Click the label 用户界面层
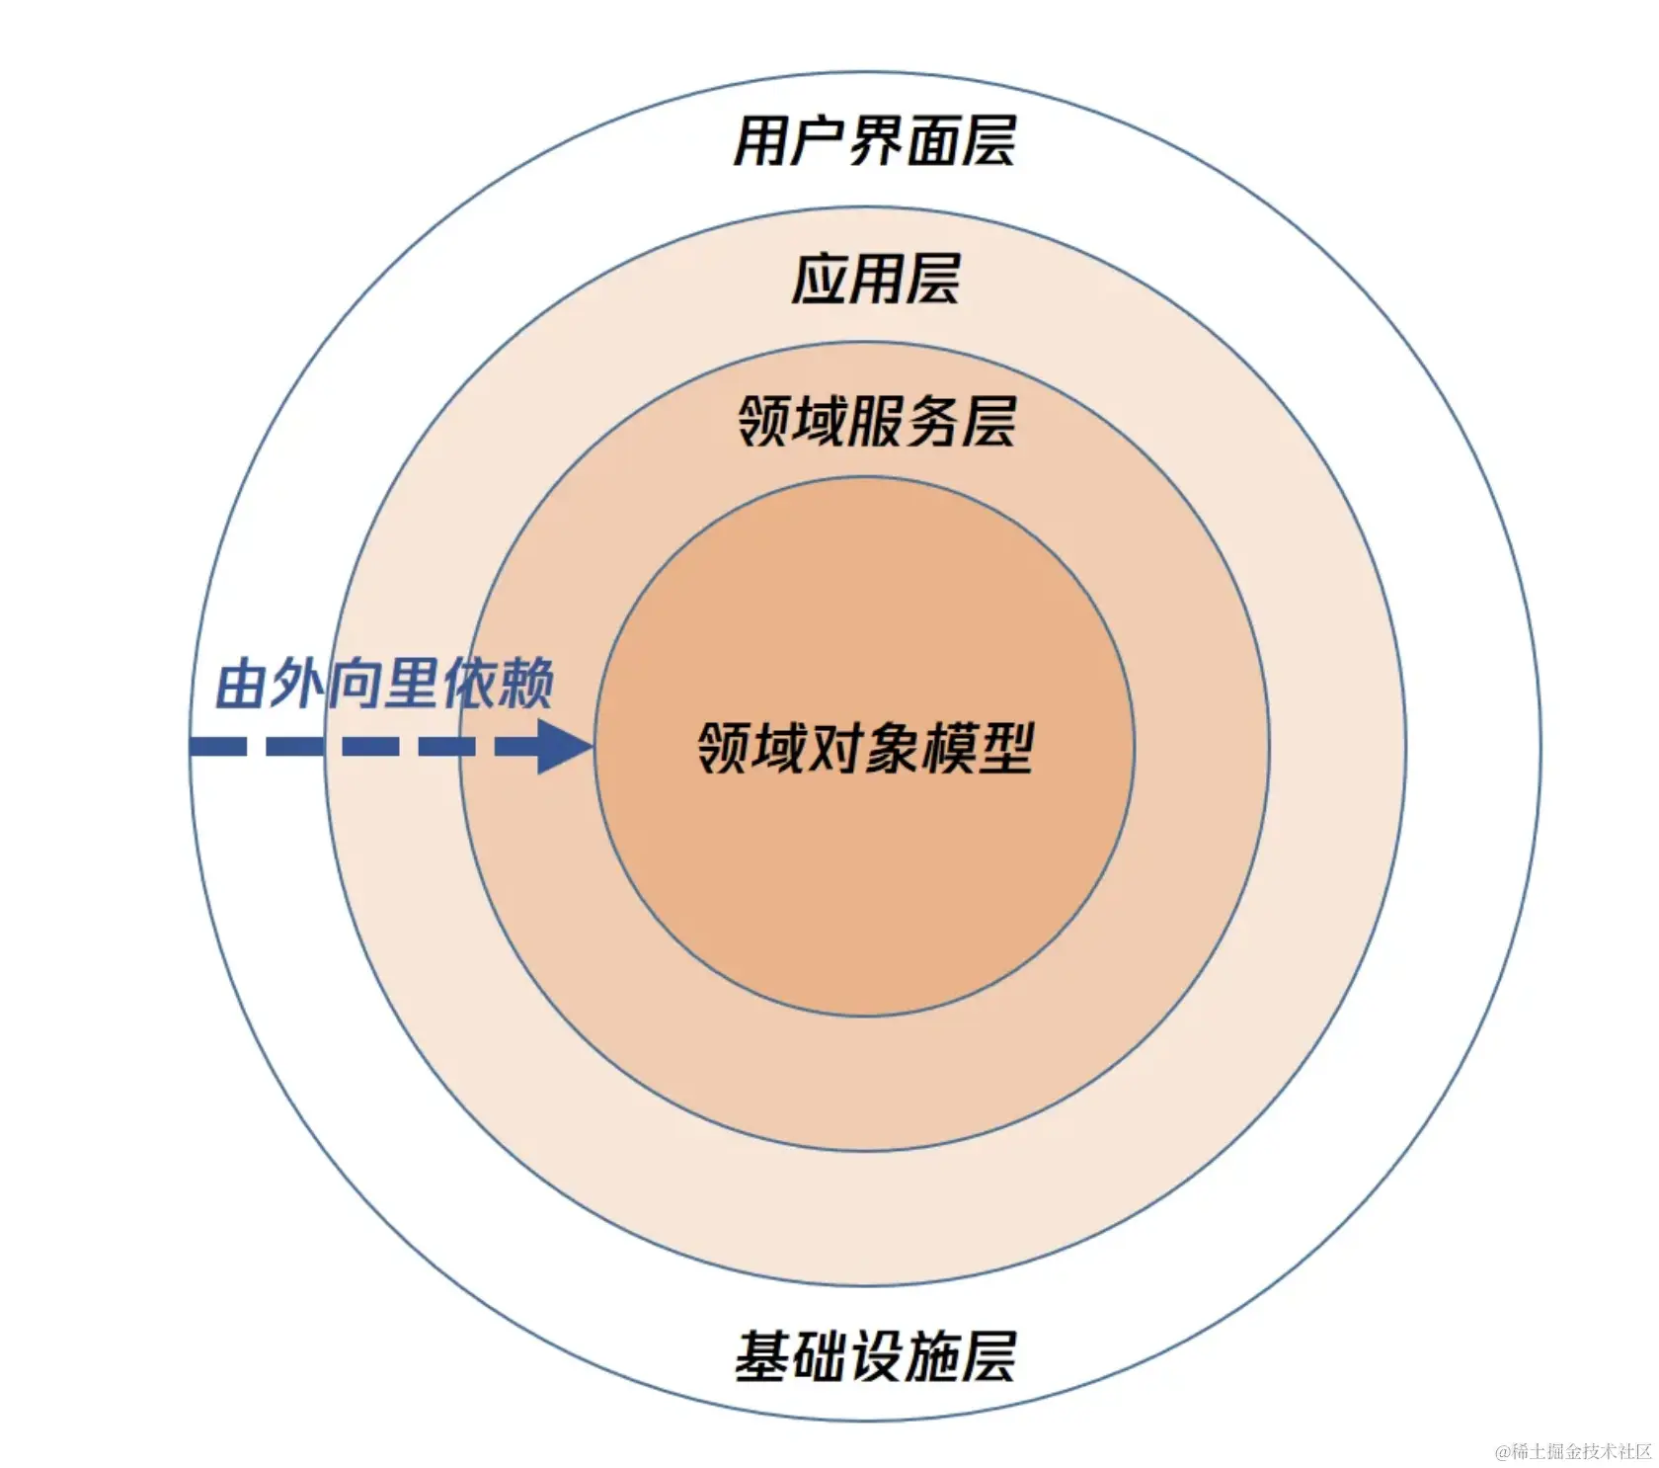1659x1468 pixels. point(874,141)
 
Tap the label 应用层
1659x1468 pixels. point(875,280)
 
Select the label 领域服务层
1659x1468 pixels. point(876,422)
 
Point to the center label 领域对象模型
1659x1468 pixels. point(865,748)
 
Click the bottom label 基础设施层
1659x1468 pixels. point(875,1355)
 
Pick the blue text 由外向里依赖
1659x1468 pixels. point(384,683)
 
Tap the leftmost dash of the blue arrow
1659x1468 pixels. point(217,746)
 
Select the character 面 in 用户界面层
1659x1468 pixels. point(931,141)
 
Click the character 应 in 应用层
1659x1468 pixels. point(820,280)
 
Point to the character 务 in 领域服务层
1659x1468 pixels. point(931,422)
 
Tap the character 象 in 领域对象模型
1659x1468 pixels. point(893,748)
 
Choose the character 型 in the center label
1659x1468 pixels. point(1005,748)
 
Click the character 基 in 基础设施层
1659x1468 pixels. point(761,1355)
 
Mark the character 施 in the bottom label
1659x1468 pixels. point(931,1355)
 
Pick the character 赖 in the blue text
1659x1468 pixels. point(525,683)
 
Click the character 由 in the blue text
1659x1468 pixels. point(242,683)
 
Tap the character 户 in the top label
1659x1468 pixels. point(817,141)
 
